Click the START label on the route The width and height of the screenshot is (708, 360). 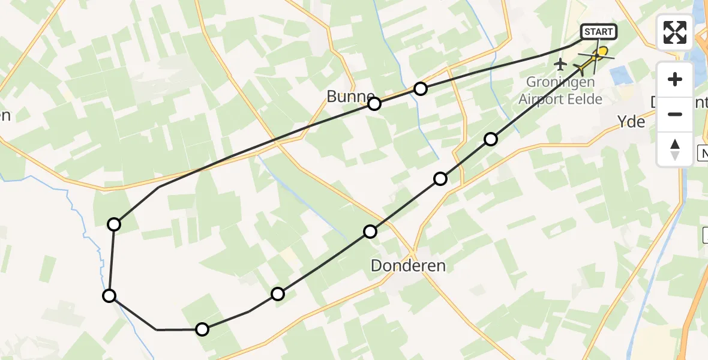click(598, 32)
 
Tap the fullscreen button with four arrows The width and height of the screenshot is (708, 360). click(675, 32)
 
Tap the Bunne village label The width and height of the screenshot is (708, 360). click(350, 97)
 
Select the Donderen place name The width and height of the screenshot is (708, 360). click(409, 265)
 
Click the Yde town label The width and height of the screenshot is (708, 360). click(631, 122)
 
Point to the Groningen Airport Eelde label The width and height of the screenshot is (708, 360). click(560, 91)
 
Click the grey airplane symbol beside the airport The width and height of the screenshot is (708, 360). click(560, 64)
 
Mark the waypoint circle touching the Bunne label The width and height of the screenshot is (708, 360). click(374, 104)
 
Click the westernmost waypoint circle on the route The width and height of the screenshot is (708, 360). click(109, 295)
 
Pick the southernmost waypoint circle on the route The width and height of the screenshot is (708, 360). click(202, 329)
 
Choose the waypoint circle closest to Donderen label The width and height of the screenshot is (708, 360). click(370, 232)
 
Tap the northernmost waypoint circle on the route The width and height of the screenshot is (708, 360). click(421, 89)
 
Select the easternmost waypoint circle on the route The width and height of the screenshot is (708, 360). click(491, 139)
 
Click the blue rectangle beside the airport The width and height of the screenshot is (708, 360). click(619, 77)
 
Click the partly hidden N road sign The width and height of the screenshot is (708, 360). click(703, 153)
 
